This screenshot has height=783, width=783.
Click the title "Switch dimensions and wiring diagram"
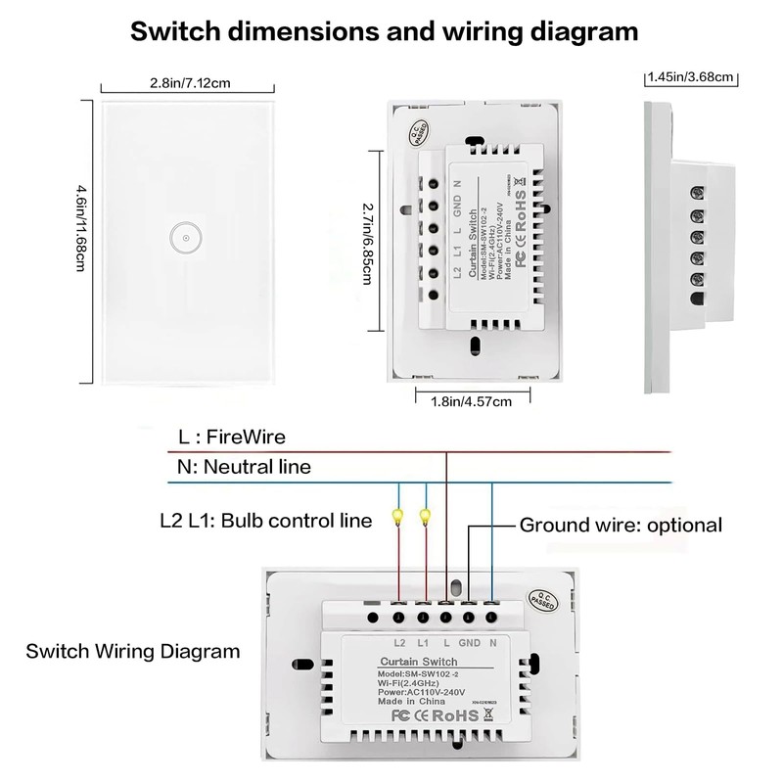coord(385,30)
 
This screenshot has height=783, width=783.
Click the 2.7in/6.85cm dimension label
coord(367,239)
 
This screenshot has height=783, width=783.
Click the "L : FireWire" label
coord(231,437)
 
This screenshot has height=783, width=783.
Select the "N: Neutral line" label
coord(244,467)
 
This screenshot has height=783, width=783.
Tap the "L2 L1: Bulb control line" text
coord(265,520)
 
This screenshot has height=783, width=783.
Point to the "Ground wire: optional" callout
coord(621,525)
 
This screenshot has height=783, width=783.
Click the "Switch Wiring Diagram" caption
coord(132,651)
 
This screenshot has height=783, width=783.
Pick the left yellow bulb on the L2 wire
coord(397,516)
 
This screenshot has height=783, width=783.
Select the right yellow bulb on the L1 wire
coord(426,516)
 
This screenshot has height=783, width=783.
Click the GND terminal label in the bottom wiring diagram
coord(469,643)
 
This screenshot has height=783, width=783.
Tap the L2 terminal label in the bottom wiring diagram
coord(398,643)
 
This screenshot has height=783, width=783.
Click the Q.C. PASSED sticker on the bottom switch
coord(540,596)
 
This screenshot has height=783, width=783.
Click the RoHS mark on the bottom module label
coord(456,715)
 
